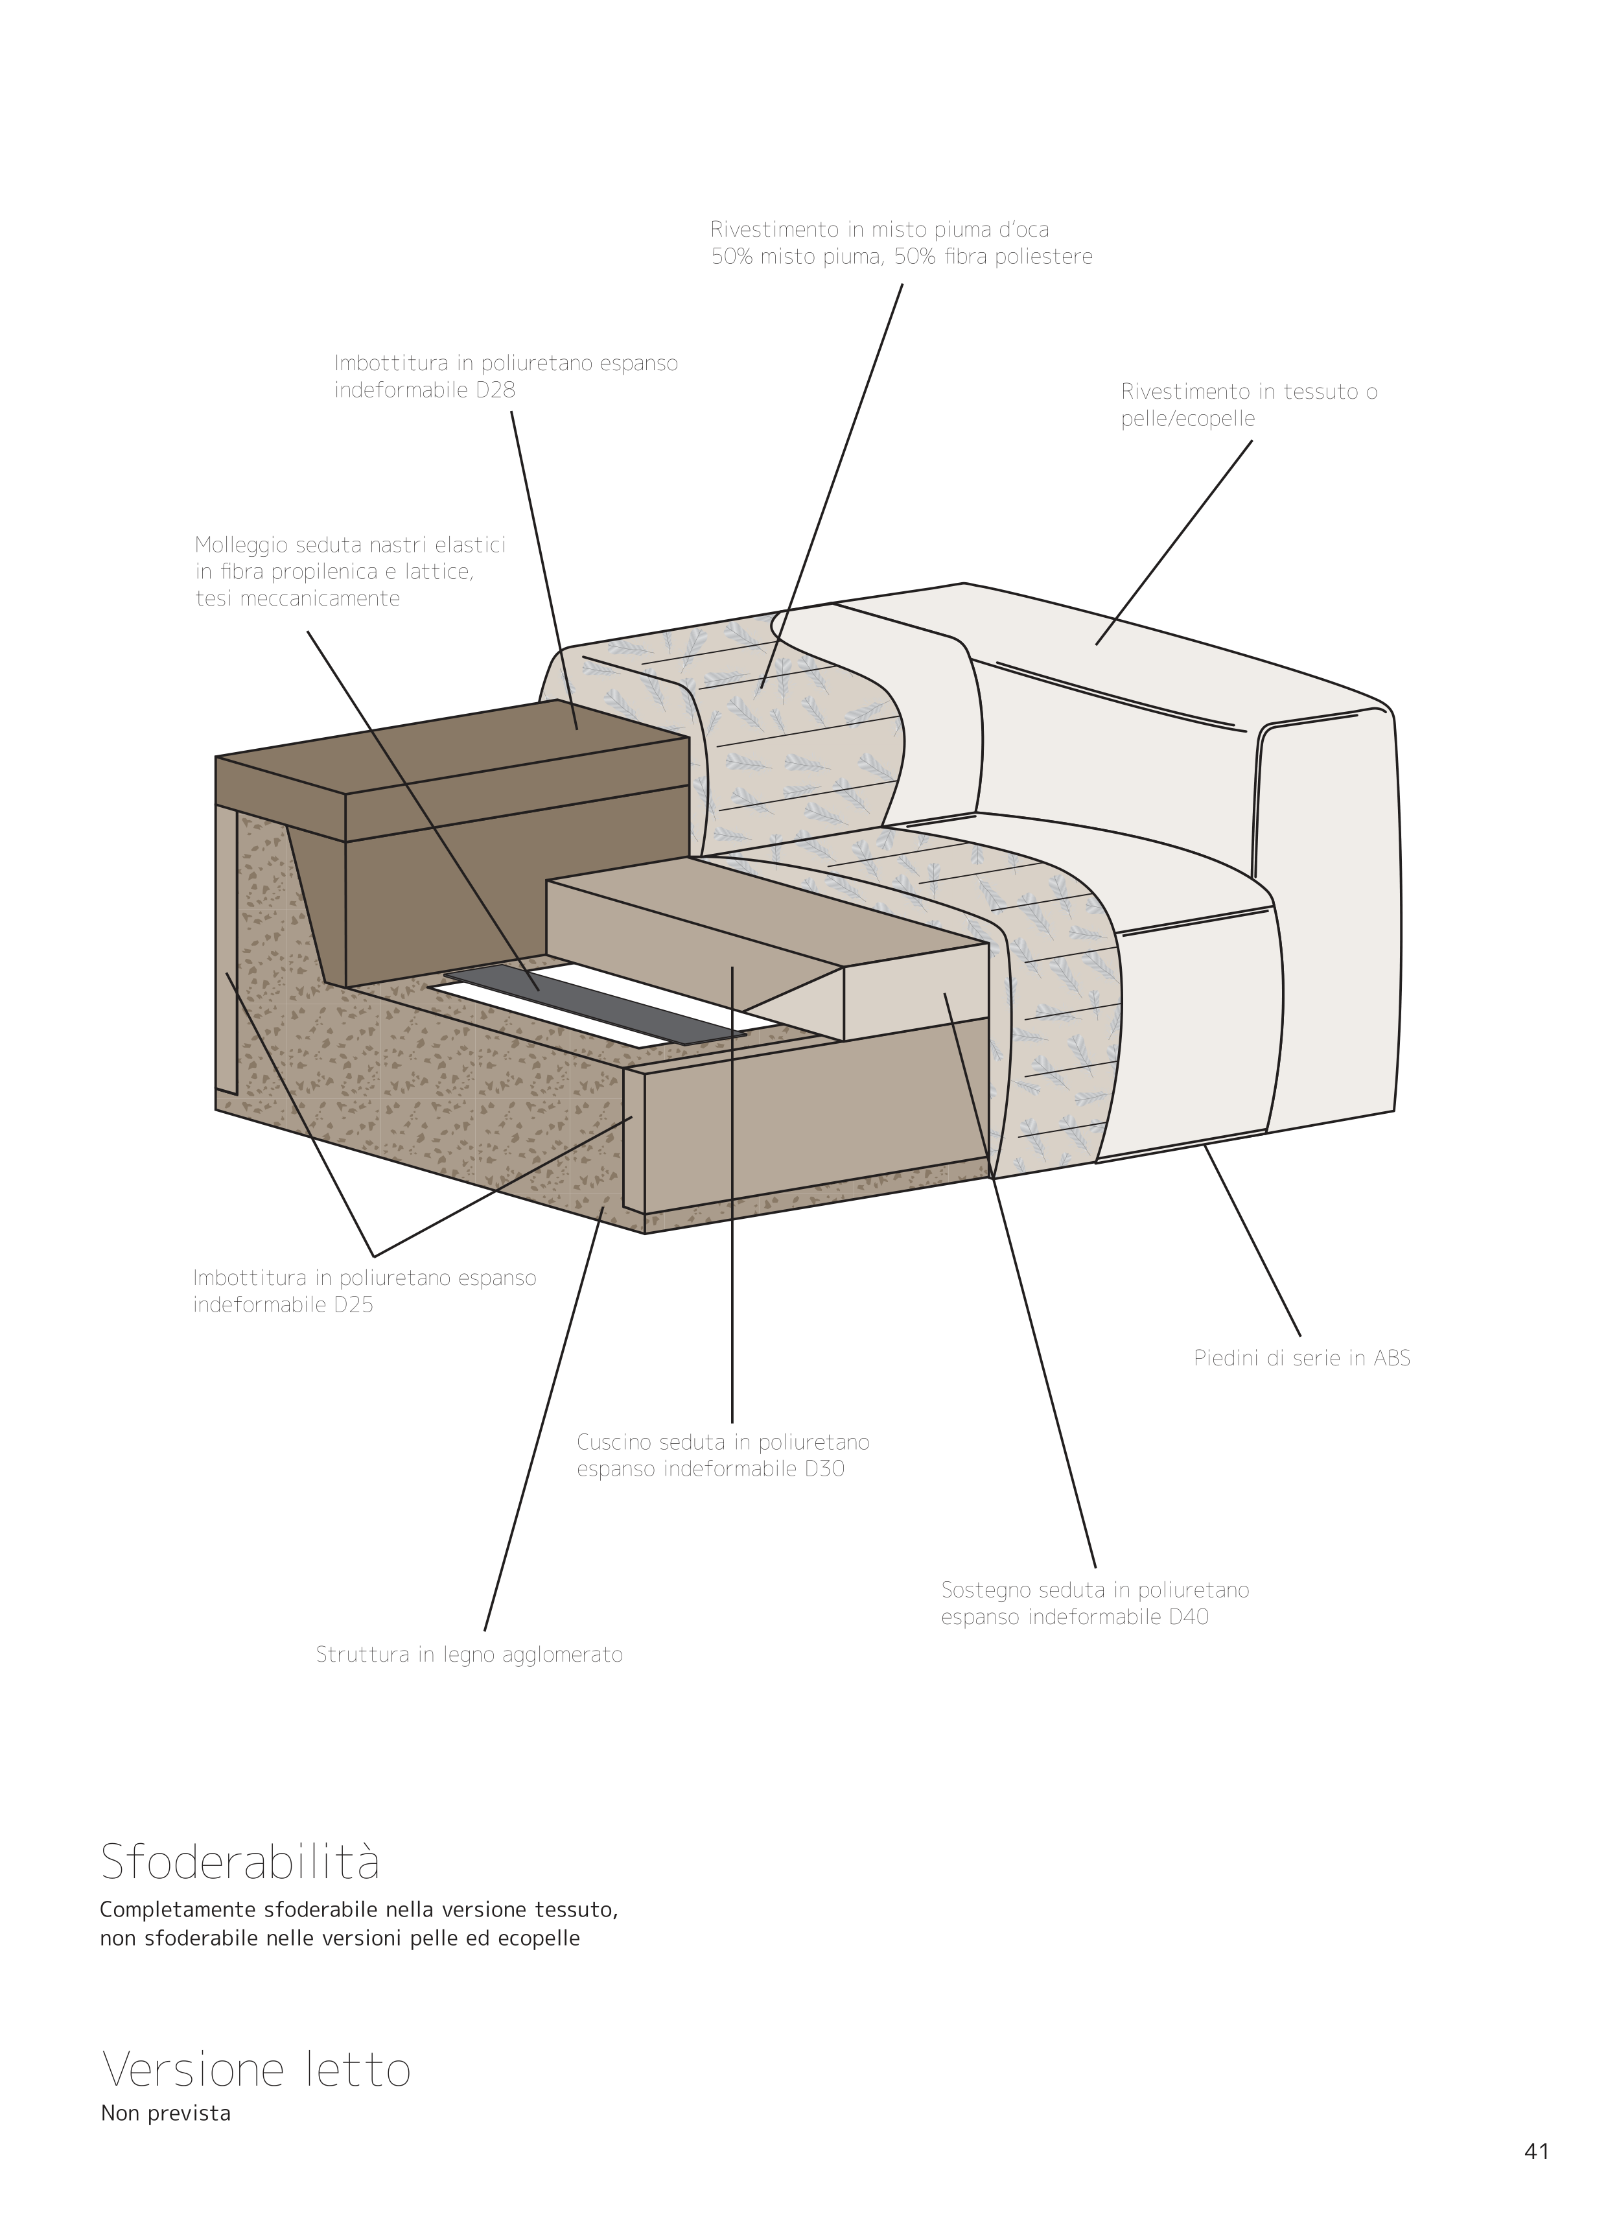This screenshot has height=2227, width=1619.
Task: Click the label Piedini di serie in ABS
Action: click(x=1302, y=1359)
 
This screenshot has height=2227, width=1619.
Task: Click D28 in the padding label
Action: click(x=495, y=390)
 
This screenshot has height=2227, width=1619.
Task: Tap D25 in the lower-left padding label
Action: click(x=353, y=1306)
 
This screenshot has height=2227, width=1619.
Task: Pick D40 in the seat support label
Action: click(x=1188, y=1616)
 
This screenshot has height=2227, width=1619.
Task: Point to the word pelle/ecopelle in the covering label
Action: click(x=1188, y=419)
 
